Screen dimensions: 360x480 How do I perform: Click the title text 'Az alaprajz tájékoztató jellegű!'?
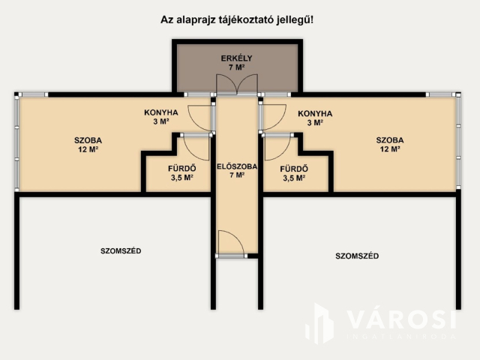click(237, 20)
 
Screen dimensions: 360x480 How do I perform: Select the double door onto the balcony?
click(237, 85)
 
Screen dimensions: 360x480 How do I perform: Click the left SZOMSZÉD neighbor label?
click(121, 250)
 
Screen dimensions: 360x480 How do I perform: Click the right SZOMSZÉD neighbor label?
click(356, 256)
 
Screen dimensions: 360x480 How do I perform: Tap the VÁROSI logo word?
click(401, 319)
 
